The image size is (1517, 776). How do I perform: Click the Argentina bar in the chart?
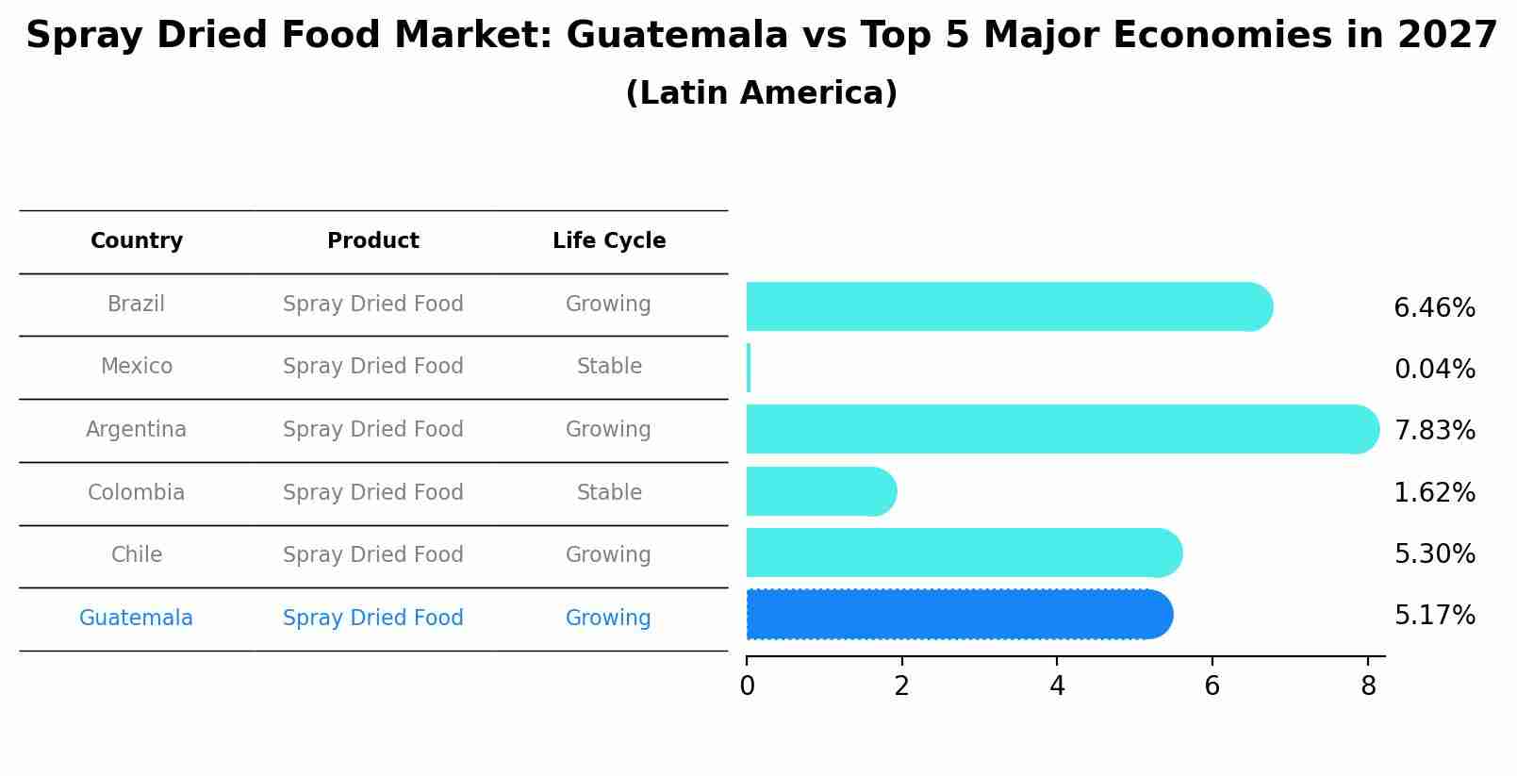(x=1061, y=429)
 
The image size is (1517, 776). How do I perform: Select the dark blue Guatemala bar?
(x=957, y=615)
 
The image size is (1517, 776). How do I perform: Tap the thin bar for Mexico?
(x=749, y=368)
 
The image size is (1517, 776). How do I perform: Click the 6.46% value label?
(x=1434, y=308)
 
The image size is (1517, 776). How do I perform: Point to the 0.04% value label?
(x=1434, y=370)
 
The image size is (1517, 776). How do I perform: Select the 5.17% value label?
(x=1434, y=616)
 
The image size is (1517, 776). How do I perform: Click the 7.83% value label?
(x=1434, y=431)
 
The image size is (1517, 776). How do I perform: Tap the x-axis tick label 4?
(x=1057, y=686)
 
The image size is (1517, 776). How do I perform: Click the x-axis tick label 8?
(x=1368, y=686)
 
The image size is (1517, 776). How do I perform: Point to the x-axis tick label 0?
(x=747, y=686)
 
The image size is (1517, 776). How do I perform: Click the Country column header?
(x=137, y=241)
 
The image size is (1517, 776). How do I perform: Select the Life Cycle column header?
(x=609, y=241)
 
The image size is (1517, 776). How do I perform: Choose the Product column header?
(x=373, y=241)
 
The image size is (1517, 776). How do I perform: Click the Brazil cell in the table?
(x=137, y=305)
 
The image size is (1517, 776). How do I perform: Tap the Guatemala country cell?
(x=137, y=619)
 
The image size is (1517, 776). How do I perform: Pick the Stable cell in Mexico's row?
(x=609, y=367)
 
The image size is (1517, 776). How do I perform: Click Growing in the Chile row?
(x=608, y=555)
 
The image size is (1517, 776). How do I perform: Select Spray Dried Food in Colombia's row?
(x=373, y=493)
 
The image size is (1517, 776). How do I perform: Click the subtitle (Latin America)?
(x=761, y=93)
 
